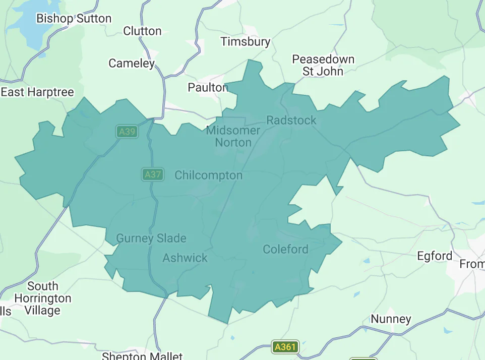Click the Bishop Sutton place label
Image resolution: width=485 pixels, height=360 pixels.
click(x=74, y=19)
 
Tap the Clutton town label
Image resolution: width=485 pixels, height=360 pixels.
click(x=142, y=31)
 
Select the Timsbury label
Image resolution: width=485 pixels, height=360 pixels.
click(x=246, y=42)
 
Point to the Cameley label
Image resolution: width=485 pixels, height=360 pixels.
click(x=132, y=64)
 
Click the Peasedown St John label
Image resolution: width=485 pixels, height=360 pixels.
click(x=323, y=66)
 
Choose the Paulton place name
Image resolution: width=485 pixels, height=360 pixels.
click(x=208, y=88)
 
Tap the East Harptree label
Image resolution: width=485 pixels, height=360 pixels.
click(x=37, y=92)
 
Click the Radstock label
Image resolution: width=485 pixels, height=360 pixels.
click(x=291, y=121)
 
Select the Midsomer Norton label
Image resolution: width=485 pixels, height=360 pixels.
click(x=233, y=137)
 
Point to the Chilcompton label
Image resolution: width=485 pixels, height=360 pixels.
click(x=208, y=175)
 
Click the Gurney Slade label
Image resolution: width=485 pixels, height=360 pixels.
click(x=151, y=238)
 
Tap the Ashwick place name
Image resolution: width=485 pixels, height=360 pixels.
click(x=185, y=258)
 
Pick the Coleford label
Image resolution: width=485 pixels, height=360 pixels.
click(x=285, y=250)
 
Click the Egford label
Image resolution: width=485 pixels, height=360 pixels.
click(x=435, y=256)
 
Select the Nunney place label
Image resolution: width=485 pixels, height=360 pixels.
click(x=391, y=319)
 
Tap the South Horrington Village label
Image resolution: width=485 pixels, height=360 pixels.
click(x=42, y=298)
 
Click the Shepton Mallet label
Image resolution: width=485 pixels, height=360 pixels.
click(x=142, y=356)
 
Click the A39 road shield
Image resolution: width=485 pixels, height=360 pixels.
click(x=127, y=132)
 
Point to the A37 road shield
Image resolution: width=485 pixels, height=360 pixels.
click(x=152, y=175)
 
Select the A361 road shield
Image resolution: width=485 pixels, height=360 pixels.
click(x=285, y=347)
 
